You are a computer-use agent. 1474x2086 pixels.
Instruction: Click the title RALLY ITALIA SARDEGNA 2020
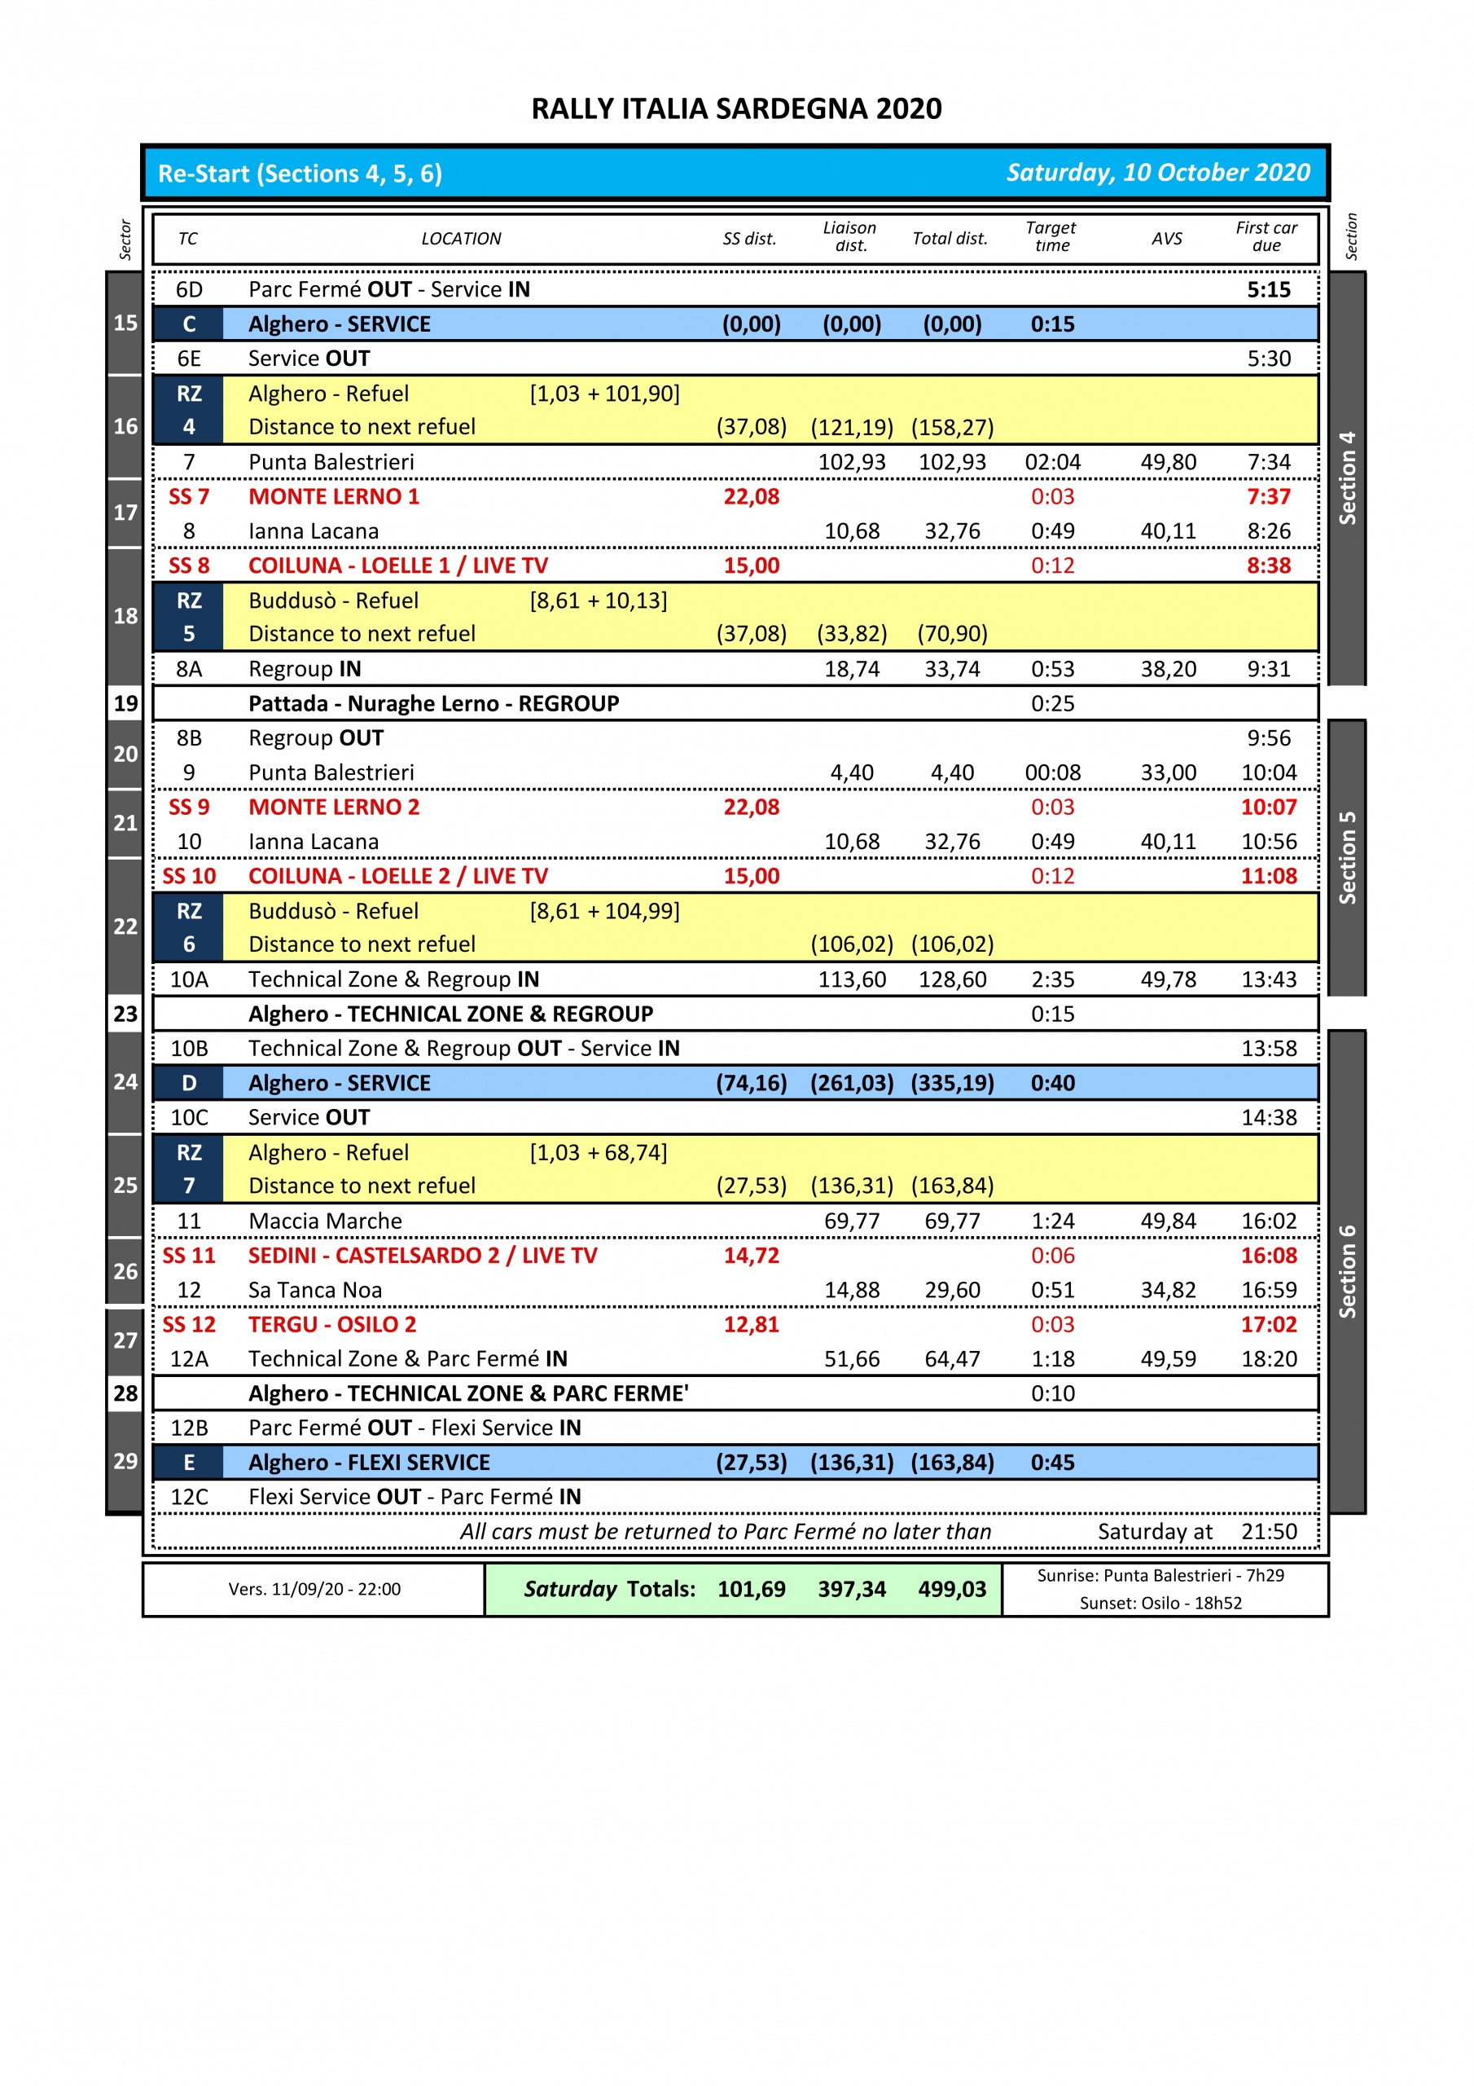pos(736,109)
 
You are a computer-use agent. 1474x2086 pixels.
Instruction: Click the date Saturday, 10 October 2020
pos(1158,173)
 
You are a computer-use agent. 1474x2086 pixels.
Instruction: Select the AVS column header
pos(1167,239)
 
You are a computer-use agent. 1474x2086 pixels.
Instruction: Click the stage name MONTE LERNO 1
pos(333,497)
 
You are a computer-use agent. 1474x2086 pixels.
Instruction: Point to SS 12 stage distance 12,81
pos(751,1325)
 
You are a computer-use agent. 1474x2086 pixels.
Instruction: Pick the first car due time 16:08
pos(1269,1256)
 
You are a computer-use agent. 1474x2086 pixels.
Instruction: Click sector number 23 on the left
pos(125,1014)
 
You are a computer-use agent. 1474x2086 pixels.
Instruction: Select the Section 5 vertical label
pos(1347,858)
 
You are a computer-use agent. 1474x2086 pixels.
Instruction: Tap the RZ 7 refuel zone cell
pos(189,1169)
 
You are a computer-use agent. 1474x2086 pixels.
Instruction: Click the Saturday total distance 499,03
pos(952,1589)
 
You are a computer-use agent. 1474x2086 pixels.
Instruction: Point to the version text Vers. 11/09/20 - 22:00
pos(314,1589)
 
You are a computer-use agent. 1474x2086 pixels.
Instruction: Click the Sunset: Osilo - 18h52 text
pos(1160,1604)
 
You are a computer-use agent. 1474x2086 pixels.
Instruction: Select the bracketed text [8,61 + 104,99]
pos(605,911)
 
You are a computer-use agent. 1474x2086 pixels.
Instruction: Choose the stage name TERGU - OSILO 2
pos(332,1325)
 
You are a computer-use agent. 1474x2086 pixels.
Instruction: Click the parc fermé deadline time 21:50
pos(1269,1532)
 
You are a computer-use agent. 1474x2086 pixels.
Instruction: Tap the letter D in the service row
pos(189,1083)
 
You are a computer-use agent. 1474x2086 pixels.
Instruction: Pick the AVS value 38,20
pos(1168,670)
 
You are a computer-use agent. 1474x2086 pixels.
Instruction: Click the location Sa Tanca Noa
pos(315,1290)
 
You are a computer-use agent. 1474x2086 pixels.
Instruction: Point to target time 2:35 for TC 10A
pos(1053,979)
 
